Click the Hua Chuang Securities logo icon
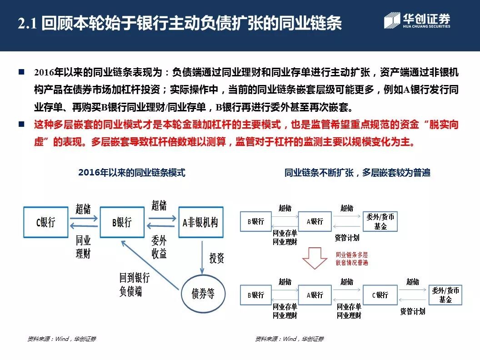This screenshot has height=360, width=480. (392, 21)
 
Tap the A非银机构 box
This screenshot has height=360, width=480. (200, 222)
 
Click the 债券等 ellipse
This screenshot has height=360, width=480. (204, 294)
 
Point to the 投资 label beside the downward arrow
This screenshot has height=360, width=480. (217, 258)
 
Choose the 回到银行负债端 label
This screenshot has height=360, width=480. (134, 285)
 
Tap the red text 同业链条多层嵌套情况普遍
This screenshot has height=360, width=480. (352, 259)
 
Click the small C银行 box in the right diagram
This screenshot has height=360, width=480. (380, 295)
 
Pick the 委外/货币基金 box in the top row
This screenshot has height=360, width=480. (380, 221)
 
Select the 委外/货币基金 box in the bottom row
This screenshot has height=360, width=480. (445, 295)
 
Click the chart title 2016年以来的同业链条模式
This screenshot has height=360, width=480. (132, 173)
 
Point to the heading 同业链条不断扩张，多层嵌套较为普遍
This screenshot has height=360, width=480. (357, 173)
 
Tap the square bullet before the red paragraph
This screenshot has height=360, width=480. (21, 124)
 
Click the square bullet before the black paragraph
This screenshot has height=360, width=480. (21, 72)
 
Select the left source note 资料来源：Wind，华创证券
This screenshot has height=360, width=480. (62, 339)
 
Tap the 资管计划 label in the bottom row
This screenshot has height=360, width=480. (412, 311)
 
